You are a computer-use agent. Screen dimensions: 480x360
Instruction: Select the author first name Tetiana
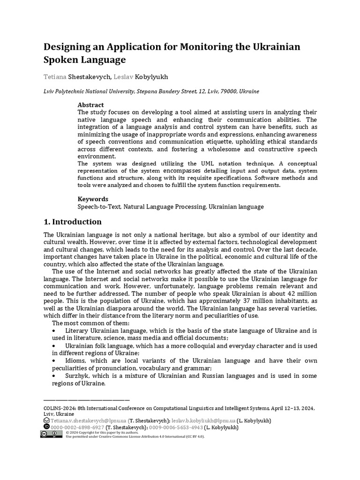click(x=55, y=76)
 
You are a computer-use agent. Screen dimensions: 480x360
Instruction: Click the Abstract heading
click(x=90, y=105)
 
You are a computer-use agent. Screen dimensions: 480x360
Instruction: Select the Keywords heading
click(x=93, y=199)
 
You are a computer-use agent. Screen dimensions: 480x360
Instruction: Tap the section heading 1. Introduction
click(x=72, y=222)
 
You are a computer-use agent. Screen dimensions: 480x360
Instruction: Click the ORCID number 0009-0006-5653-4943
click(x=176, y=427)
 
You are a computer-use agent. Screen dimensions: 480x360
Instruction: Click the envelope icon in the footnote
click(x=46, y=421)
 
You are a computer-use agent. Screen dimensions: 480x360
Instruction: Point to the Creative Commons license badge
click(x=51, y=435)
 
